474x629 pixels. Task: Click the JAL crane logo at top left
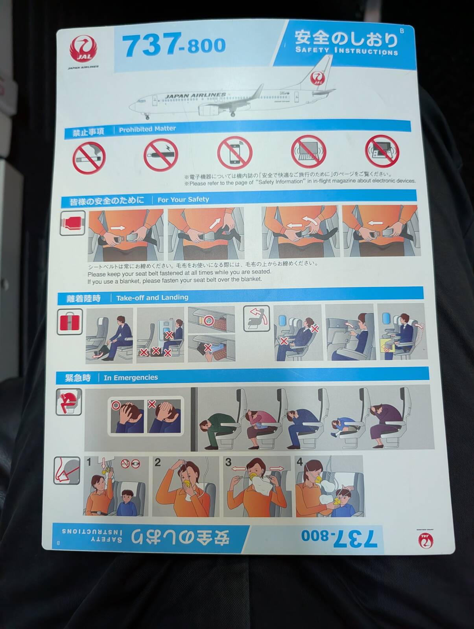coord(83,49)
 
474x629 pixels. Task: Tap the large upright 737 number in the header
coord(151,45)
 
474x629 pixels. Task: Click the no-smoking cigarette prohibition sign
coord(89,158)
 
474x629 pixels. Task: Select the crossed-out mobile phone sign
coord(234,153)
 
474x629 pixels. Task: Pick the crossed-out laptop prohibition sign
coord(308,151)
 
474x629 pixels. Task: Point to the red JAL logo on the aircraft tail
coord(318,78)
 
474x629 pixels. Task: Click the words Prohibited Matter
coord(148,129)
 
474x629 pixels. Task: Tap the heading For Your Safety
coord(183,199)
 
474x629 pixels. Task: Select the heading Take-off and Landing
coord(152,298)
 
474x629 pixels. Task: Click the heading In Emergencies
coord(131,378)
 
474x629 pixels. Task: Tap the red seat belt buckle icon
coord(72,223)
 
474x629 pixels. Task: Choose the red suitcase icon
coord(70,322)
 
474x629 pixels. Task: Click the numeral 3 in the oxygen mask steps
coord(228,462)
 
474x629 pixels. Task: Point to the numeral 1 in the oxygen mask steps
coord(89,462)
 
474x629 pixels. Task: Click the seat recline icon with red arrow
coord(256,318)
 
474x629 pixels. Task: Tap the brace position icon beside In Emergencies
coord(68,402)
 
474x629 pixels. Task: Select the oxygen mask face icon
coord(67,470)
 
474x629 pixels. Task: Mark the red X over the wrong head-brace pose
coord(152,404)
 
